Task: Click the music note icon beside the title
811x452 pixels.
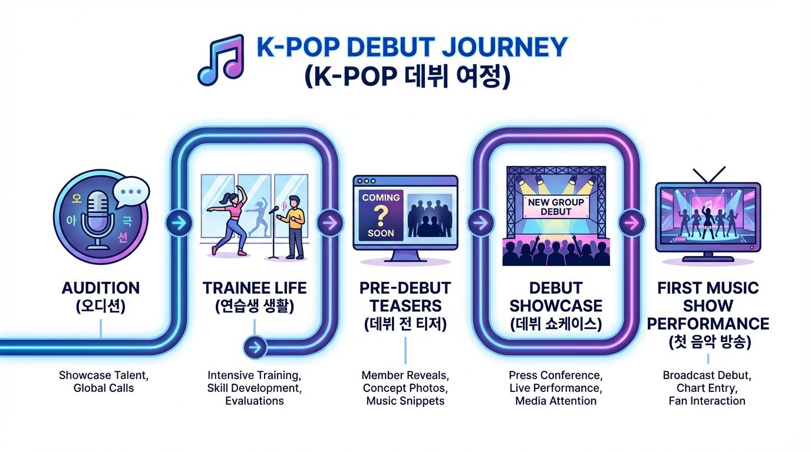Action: point(220,61)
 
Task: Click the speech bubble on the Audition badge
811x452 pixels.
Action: point(130,192)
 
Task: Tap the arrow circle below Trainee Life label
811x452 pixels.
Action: point(255,347)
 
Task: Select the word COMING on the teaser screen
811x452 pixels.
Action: point(381,198)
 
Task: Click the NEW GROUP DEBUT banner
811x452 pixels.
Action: point(556,207)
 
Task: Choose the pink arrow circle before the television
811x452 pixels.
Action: point(630,223)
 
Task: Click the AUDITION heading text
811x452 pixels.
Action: point(101,288)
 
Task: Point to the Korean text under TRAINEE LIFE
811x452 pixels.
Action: point(255,306)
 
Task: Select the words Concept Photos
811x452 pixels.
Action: point(405,388)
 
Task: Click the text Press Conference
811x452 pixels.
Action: point(555,375)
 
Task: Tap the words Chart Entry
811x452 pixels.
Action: point(707,388)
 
